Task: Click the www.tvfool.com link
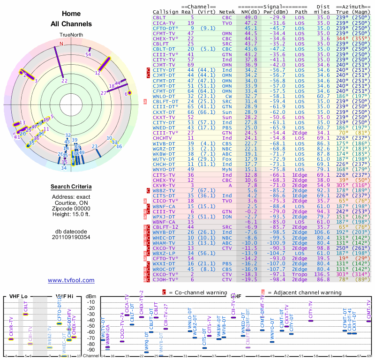click(x=71, y=280)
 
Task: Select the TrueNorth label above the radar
click(x=71, y=35)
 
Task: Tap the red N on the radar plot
click(x=61, y=44)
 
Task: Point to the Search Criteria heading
click(x=71, y=187)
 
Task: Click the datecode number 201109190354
click(x=71, y=237)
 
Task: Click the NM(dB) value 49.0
click(x=251, y=17)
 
